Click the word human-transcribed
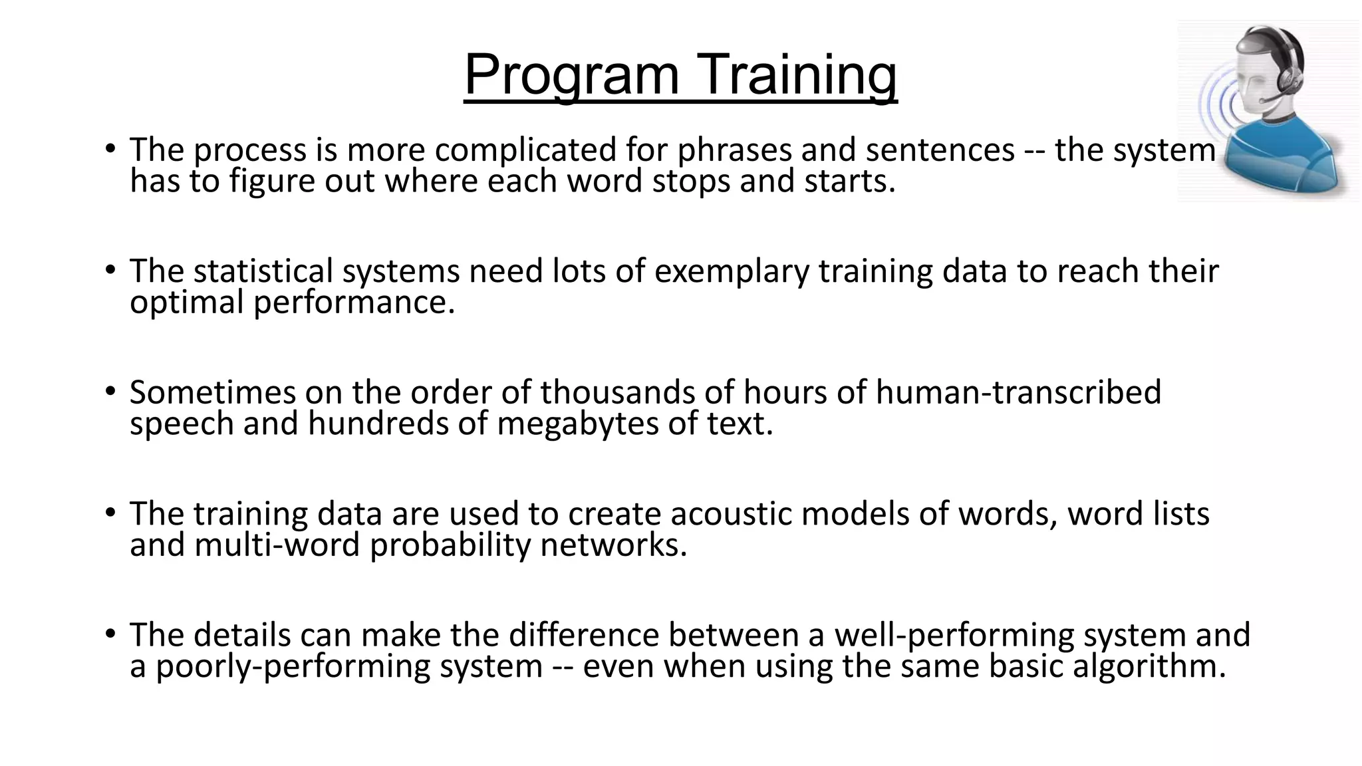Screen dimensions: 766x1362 [x=1018, y=392]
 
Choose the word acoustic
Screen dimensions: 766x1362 [x=731, y=514]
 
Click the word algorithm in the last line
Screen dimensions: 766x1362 [x=1148, y=666]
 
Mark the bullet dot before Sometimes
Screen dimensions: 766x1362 [x=110, y=391]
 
